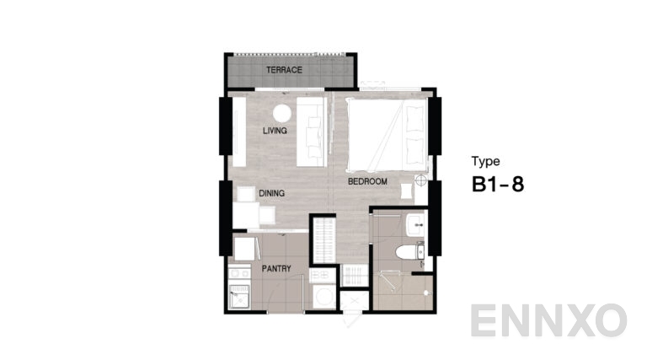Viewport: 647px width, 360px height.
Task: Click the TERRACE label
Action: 284,70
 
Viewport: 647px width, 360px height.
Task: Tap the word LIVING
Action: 275,131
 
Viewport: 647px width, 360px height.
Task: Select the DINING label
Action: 271,193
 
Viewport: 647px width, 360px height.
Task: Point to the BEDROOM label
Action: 367,181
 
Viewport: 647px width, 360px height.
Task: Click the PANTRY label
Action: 276,268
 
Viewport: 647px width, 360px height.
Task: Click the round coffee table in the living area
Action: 282,113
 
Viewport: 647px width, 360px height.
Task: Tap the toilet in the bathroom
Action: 410,251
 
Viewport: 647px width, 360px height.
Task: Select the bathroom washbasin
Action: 415,225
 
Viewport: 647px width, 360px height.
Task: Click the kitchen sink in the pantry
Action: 239,297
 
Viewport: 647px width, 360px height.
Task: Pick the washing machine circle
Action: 324,297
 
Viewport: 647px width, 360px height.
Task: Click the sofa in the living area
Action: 312,132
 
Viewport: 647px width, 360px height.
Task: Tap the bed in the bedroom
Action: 387,135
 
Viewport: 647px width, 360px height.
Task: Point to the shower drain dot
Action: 426,293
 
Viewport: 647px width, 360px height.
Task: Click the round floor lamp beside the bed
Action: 421,180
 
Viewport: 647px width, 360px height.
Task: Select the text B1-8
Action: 498,184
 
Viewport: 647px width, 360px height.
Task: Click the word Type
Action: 485,161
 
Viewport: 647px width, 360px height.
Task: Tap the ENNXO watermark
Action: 548,320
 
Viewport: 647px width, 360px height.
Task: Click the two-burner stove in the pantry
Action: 239,273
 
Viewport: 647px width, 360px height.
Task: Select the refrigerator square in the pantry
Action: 244,249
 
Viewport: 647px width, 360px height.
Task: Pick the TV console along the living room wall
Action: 239,132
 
